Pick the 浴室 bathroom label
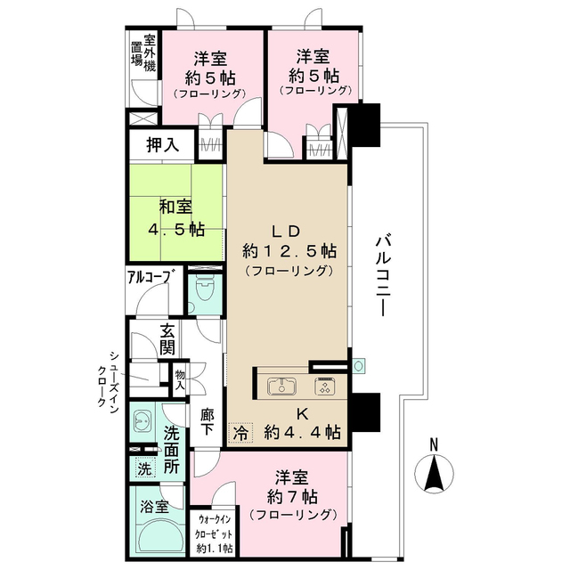[x=155, y=508]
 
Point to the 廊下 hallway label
[x=207, y=419]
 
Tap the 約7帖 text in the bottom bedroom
[x=295, y=496]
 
